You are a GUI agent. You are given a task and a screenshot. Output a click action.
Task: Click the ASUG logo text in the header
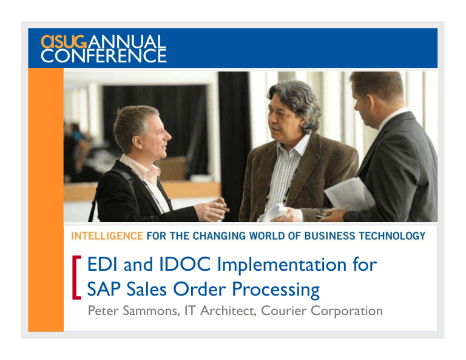click(61, 42)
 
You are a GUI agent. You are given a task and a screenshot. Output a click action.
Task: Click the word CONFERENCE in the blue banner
click(103, 56)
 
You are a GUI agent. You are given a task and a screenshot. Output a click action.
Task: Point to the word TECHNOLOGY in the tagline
click(388, 236)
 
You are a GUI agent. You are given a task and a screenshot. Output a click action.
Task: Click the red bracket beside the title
click(75, 277)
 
